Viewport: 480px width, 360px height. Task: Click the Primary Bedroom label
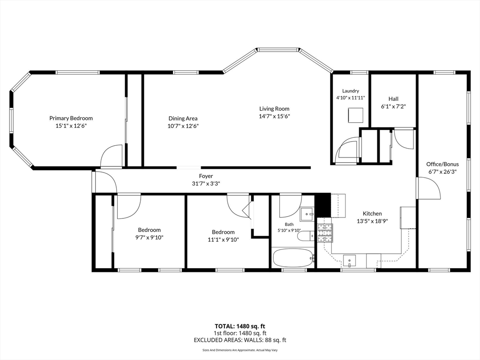[71, 118]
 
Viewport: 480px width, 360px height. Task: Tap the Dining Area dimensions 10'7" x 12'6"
[183, 126]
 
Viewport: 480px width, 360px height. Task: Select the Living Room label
[274, 108]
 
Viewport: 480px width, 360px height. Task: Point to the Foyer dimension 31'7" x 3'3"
[206, 184]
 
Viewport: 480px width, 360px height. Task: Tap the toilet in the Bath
[306, 236]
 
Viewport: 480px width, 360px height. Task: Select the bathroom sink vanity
[307, 213]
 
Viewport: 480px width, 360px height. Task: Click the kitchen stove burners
[324, 233]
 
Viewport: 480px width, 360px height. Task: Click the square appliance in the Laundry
[355, 115]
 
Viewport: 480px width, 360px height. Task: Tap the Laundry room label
[351, 91]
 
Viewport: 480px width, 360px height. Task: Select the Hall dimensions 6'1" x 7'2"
[393, 106]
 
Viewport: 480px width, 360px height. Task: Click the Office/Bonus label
[442, 164]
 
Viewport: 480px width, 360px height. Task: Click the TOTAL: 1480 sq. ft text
[240, 326]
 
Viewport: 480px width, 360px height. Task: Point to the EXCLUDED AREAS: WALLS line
[240, 340]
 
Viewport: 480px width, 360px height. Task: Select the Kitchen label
[372, 213]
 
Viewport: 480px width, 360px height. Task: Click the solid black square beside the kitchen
[322, 205]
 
